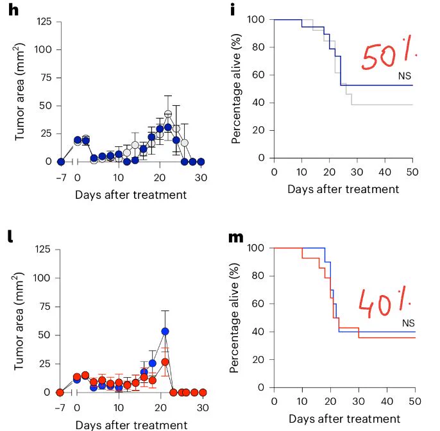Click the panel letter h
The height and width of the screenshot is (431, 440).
coord(13,10)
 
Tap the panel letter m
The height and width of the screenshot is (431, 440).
coord(236,238)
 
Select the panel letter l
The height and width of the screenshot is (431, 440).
coord(10,237)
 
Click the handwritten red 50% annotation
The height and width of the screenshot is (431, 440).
coord(389,53)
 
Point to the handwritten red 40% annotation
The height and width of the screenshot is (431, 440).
coord(384,303)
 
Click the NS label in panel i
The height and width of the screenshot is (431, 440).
coord(404,76)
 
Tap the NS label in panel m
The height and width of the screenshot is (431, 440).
coord(409,323)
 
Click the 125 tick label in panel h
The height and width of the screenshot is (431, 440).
coord(44,21)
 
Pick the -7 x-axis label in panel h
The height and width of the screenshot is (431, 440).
coord(61,178)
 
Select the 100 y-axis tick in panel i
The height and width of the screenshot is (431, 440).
coord(256,19)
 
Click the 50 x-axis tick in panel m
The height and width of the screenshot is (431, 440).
coord(415,401)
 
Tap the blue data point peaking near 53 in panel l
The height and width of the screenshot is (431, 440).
coord(165,332)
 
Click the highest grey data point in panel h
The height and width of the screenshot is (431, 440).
coord(168,114)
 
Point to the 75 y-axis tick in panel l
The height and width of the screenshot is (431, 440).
coord(45,307)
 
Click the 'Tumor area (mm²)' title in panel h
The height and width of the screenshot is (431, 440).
coord(19,92)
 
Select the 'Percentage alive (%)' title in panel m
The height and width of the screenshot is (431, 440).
coord(234,318)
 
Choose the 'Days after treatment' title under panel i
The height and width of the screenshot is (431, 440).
coord(343,189)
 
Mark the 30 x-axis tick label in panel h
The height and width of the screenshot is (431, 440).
coord(201,178)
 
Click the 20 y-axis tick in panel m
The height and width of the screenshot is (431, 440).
coord(258,359)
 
